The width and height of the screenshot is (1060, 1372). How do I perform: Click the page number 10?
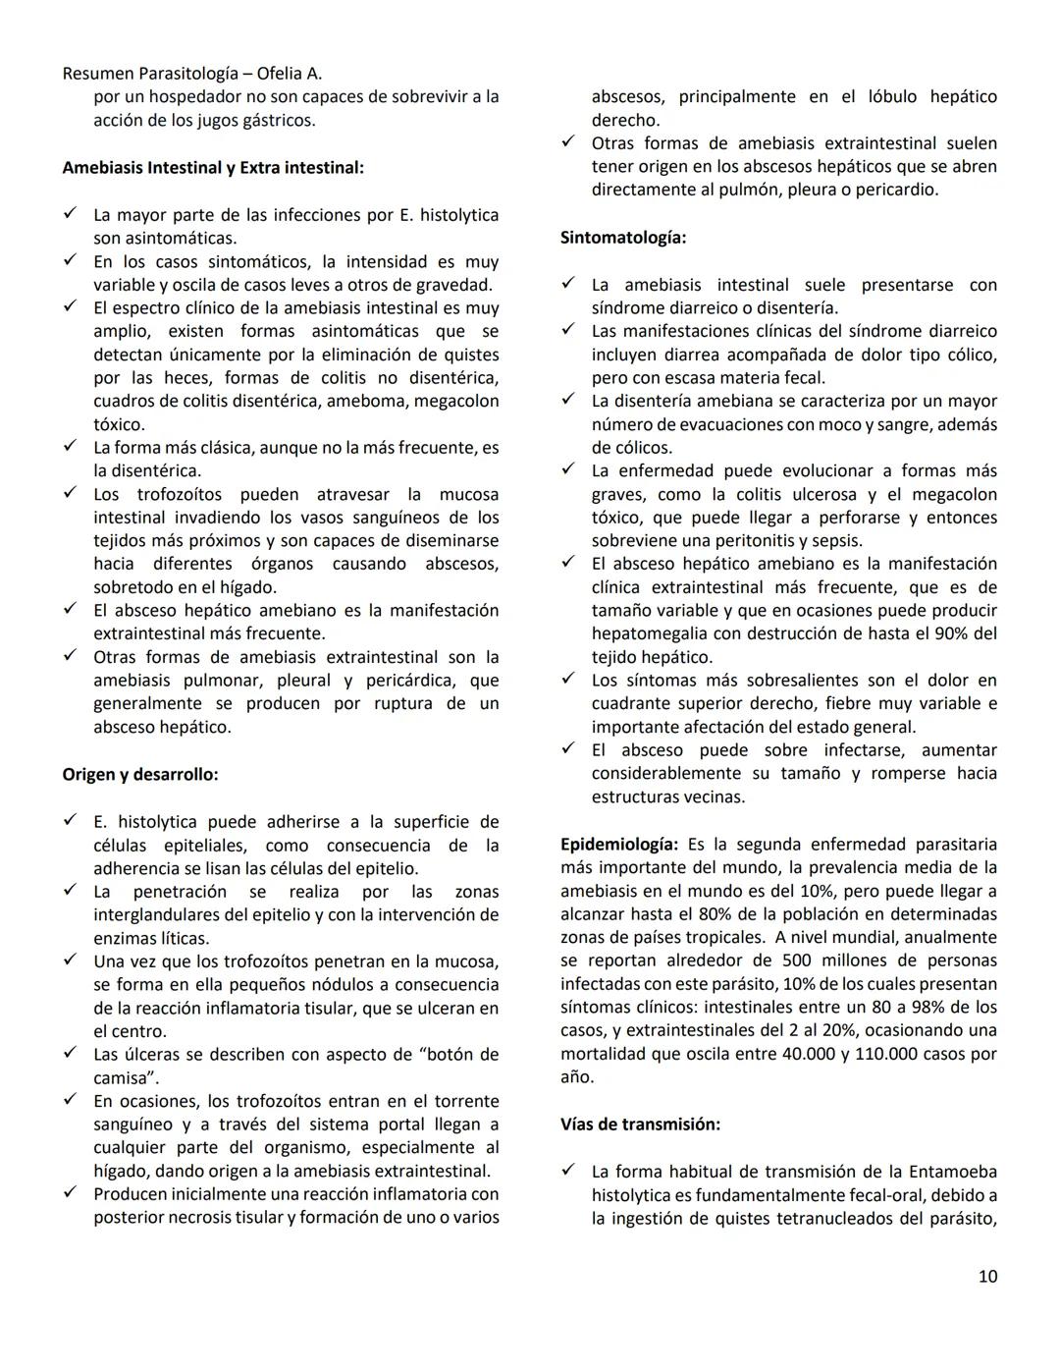(987, 1276)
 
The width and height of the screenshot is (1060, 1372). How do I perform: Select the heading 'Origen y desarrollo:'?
(140, 774)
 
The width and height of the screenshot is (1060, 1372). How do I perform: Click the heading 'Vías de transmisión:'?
(640, 1124)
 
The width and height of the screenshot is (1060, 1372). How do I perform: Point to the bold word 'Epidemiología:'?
(619, 844)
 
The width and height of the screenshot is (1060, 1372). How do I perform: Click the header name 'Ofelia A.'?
(290, 74)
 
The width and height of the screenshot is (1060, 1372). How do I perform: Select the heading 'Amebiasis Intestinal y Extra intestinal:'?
(213, 168)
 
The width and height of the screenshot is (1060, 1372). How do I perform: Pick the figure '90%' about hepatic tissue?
(950, 633)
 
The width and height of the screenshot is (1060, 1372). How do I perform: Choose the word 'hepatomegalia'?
(647, 633)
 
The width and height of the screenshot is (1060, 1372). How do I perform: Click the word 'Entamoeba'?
(952, 1171)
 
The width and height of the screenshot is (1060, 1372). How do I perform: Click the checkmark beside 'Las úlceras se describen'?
(70, 1054)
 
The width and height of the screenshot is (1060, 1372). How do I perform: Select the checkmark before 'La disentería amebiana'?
(567, 401)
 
